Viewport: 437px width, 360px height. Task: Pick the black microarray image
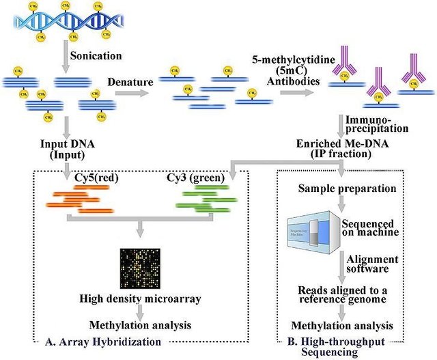click(139, 267)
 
